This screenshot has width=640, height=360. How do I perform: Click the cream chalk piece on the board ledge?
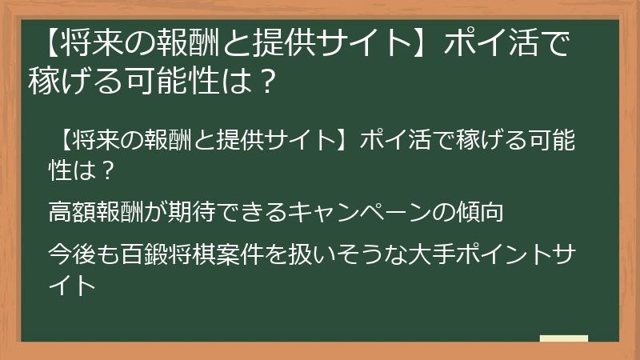pyautogui.click(x=563, y=338)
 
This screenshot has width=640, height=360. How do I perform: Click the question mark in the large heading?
pyautogui.click(x=270, y=80)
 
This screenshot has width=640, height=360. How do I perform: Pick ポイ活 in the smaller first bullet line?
pyautogui.click(x=393, y=142)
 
